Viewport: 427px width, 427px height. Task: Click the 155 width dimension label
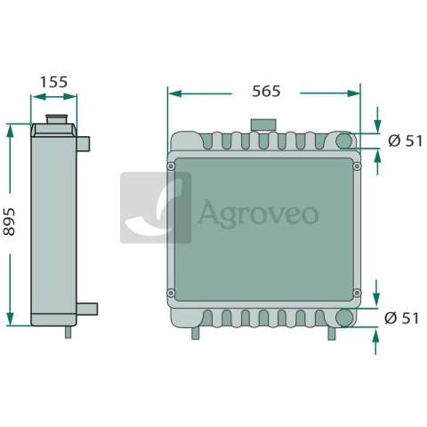coord(53,82)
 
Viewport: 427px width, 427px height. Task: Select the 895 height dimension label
coord(9,222)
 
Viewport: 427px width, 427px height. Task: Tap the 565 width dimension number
coord(266,91)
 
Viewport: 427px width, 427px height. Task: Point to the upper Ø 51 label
coord(405,141)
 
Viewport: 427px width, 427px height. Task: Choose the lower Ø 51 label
coord(401,318)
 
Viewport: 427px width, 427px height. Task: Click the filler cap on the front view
coord(263,125)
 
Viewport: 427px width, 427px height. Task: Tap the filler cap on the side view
coord(56,119)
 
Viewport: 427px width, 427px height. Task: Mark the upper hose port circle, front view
coord(344,141)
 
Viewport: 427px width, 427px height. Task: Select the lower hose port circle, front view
coord(344,318)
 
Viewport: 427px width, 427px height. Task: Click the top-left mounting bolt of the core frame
coord(171,166)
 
